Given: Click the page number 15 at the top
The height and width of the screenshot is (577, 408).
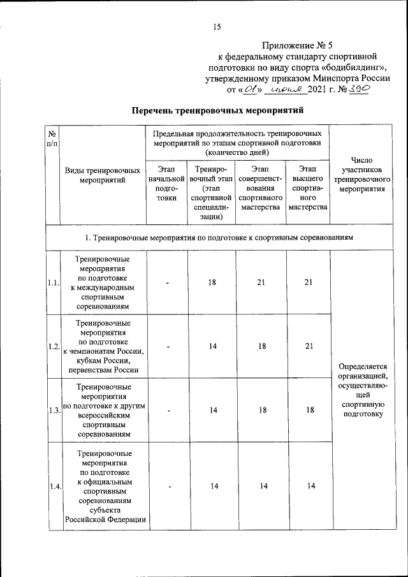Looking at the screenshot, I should click(217, 26).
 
